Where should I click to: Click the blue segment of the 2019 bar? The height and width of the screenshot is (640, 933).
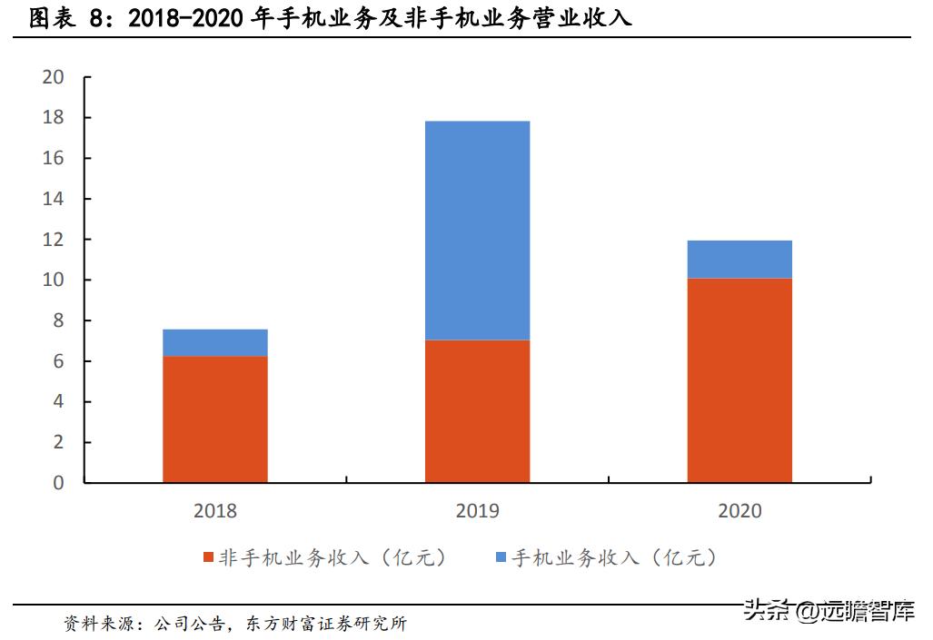tap(477, 231)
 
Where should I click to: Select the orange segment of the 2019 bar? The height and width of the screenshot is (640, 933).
tap(477, 410)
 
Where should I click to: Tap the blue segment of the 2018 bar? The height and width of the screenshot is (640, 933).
tap(215, 342)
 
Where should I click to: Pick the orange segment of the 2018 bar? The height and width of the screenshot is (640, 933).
tap(215, 418)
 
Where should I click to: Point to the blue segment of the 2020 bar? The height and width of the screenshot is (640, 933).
tap(739, 259)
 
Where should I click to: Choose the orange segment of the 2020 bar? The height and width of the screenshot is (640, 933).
tap(739, 379)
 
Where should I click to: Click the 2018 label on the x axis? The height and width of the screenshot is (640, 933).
tap(215, 511)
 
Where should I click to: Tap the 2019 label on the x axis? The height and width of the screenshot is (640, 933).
tap(477, 511)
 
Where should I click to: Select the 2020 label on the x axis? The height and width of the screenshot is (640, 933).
tap(739, 511)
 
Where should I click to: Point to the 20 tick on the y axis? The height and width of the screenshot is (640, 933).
tap(54, 77)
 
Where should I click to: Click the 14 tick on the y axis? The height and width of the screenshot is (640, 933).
tap(54, 199)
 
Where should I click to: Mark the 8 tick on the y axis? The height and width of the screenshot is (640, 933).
tap(58, 320)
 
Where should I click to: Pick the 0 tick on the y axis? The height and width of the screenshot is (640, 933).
tap(58, 483)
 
